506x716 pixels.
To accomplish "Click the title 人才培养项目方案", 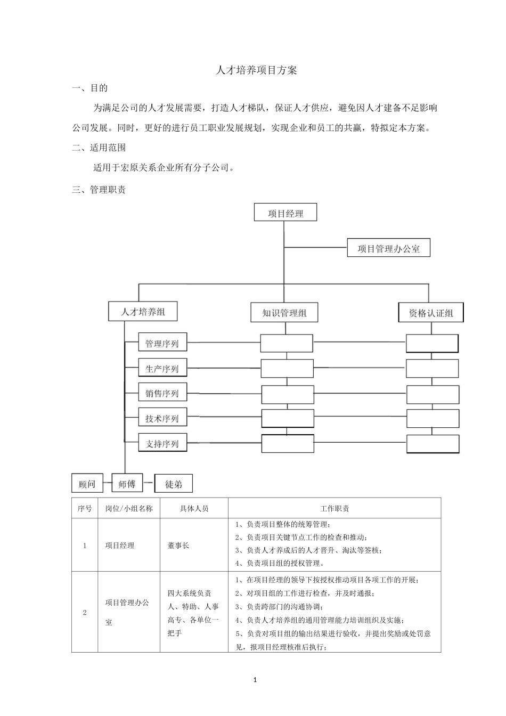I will pos(256,70).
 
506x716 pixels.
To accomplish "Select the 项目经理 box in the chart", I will pos(285,213).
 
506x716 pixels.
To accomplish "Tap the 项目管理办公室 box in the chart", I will pos(388,248).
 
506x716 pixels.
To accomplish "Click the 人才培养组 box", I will pos(143,312).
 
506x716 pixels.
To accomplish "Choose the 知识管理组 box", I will pos(284,313).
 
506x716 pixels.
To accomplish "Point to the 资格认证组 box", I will pos(431,313).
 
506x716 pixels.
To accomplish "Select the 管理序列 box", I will pos(162,344).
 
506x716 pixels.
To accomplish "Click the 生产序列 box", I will pos(162,369).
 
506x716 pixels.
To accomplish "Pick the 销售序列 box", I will pos(162,394).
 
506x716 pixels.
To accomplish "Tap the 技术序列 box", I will pos(162,419).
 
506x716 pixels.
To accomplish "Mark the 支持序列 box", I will pos(162,444).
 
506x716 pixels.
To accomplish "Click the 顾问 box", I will pos(87,484).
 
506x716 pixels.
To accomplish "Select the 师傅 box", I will pos(127,484).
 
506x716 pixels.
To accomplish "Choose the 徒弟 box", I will pos(174,484).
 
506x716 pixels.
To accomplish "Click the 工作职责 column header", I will pos(334,508).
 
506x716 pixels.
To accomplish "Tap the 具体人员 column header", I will pos(194,508).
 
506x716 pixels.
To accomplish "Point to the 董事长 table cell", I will pos(178,546).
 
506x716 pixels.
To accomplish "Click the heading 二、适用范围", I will pos(99,148).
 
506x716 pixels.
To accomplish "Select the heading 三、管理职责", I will pos(99,190).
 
